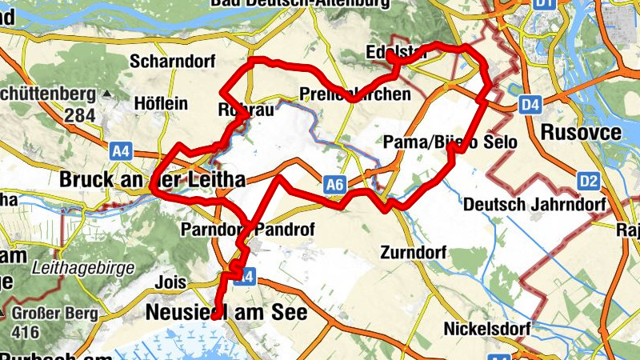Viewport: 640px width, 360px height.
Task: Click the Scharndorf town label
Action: (x=167, y=62)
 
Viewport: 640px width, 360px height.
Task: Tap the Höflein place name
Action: (x=161, y=105)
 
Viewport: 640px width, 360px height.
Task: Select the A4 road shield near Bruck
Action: (x=121, y=150)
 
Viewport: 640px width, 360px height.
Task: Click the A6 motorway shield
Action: (x=336, y=186)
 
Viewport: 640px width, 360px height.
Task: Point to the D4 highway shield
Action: (x=530, y=103)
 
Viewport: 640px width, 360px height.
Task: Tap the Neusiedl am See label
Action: (x=226, y=313)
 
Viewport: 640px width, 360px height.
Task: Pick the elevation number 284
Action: (x=80, y=116)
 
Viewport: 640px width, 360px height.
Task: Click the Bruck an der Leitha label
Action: (x=151, y=179)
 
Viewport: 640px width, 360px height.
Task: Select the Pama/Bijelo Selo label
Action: (x=450, y=142)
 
